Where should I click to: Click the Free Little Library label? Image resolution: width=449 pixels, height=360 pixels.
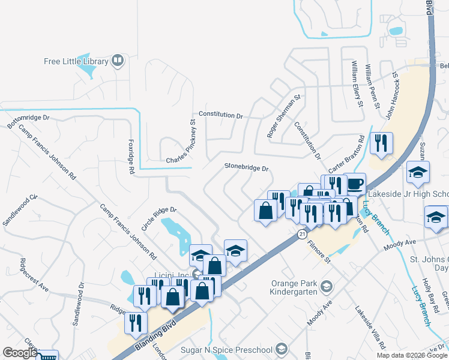75,61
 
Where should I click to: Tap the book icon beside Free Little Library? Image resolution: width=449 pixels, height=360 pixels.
118,61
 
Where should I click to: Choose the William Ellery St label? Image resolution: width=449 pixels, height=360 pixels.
358,85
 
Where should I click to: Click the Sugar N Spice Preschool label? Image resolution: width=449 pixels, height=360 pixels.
227,349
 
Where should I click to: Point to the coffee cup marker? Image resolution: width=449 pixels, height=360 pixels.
354,183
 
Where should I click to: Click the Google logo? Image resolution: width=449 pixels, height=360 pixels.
19,353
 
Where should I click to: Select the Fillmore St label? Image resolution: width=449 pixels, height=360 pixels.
319,252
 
